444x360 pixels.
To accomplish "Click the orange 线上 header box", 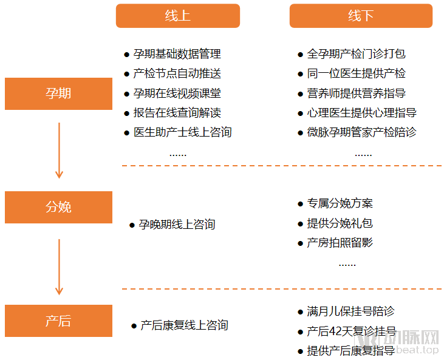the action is [177, 16].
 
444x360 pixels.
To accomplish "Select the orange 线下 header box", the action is [361, 16].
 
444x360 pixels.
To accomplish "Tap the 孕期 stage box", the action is [58, 93].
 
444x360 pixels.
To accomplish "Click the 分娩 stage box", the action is [58, 207].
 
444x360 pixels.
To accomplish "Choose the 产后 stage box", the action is [58, 321].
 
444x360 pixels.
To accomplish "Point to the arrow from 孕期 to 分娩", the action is [59, 150].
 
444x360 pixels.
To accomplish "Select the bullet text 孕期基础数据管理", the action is [177, 54].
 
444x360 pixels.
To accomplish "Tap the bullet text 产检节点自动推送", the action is [177, 73].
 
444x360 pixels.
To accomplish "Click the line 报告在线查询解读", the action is [177, 112].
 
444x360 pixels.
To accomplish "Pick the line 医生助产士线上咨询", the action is [182, 132].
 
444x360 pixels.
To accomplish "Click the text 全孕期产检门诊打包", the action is [356, 54].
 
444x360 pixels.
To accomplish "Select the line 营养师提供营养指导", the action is [356, 93].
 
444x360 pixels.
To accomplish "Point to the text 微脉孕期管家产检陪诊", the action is [361, 132].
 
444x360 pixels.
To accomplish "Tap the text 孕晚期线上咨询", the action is [177, 225].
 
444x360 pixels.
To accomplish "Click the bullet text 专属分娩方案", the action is [340, 203].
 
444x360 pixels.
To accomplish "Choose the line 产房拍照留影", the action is [340, 243].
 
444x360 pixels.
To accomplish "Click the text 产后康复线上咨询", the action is [184, 325].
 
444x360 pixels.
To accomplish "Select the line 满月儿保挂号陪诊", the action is [350, 311].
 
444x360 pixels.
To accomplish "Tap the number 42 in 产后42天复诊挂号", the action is [337, 331].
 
